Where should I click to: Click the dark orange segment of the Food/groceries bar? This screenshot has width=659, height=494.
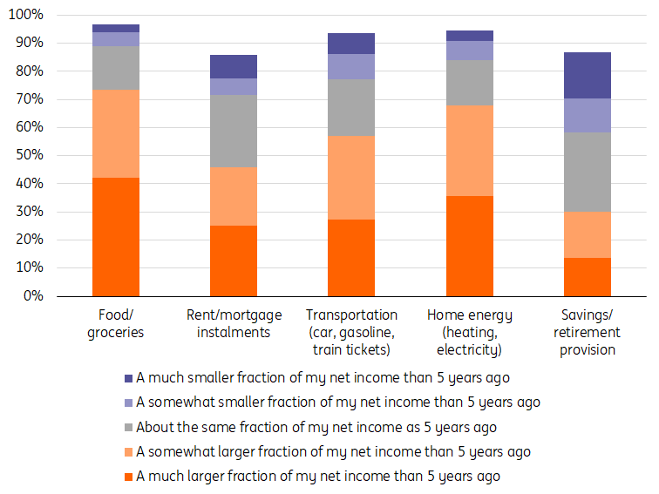pyautogui.click(x=115, y=236)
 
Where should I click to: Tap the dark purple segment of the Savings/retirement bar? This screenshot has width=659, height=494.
pyautogui.click(x=587, y=75)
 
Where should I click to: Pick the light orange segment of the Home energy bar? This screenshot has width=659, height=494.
pyautogui.click(x=469, y=151)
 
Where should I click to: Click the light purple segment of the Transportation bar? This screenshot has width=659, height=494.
pyautogui.click(x=351, y=67)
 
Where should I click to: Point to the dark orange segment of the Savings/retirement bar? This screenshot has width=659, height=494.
pyautogui.click(x=587, y=277)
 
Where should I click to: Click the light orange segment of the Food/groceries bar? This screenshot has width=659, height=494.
pyautogui.click(x=115, y=133)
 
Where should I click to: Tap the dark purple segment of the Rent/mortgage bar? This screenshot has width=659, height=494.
pyautogui.click(x=234, y=66)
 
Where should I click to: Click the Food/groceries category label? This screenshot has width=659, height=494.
pyautogui.click(x=115, y=323)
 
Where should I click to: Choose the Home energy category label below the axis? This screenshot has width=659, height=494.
pyautogui.click(x=469, y=332)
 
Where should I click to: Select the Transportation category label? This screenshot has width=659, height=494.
pyautogui.click(x=351, y=332)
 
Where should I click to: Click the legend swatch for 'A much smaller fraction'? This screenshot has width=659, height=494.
pyautogui.click(x=128, y=378)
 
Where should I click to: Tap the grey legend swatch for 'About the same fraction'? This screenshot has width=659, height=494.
pyautogui.click(x=128, y=428)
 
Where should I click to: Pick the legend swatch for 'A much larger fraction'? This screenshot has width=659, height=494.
pyautogui.click(x=128, y=477)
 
